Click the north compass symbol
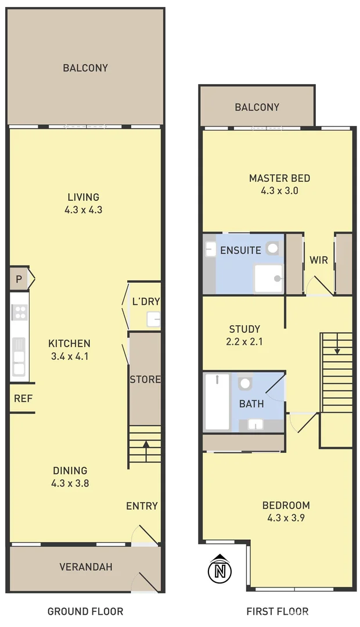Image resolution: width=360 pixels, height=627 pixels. click(219, 570)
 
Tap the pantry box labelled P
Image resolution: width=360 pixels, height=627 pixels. click(19, 279)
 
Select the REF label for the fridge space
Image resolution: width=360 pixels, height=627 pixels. click(22, 398)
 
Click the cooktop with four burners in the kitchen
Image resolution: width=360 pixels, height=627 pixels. click(19, 313)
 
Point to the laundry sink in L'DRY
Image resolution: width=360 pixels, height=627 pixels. click(153, 319)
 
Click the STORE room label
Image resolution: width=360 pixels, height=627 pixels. click(145, 380)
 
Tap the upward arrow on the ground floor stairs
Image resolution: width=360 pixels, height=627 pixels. click(145, 445)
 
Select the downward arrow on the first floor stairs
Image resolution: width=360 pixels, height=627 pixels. click(337, 350)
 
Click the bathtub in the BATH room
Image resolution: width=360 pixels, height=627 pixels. click(217, 402)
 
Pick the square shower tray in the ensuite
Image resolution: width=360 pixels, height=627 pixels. click(268, 278)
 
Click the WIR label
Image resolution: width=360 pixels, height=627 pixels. click(319, 260)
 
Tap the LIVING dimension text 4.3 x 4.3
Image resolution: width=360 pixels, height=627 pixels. click(83, 210)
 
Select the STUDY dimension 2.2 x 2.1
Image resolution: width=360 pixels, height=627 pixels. click(244, 342)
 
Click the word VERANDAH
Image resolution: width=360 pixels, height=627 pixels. click(86, 567)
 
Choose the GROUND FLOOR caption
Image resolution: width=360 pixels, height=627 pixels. click(85, 611)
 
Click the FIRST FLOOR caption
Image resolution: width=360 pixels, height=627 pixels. click(277, 611)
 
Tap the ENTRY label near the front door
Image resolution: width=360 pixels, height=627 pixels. click(142, 506)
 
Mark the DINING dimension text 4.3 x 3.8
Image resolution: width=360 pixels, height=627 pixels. click(70, 482)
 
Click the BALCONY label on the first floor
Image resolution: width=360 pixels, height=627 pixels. click(257, 107)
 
